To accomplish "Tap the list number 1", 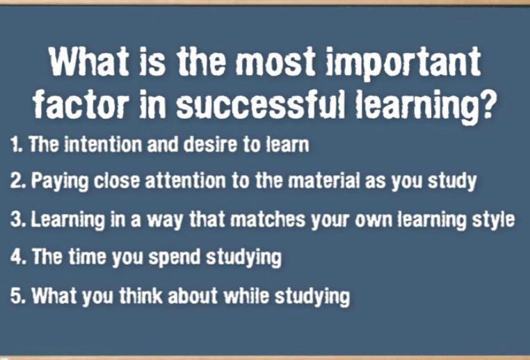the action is [x=16, y=144].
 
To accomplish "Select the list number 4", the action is [x=18, y=256].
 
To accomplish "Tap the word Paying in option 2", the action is [x=60, y=181].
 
